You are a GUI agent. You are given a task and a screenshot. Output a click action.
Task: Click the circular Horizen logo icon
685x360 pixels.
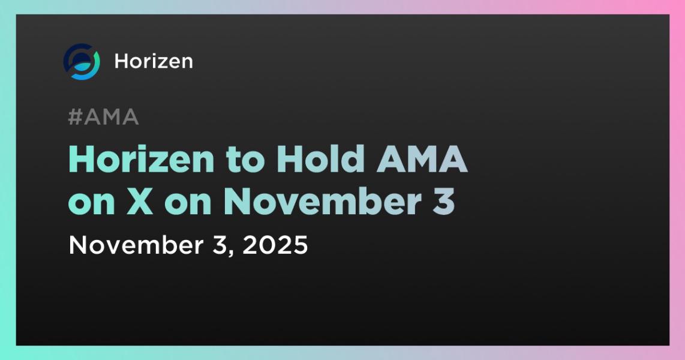pos(81,62)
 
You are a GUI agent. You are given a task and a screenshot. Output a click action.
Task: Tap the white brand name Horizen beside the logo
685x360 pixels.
pos(154,61)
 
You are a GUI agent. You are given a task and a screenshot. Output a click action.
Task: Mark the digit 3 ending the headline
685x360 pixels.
pos(444,203)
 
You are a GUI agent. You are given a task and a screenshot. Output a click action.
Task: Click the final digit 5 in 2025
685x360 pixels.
pos(300,245)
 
